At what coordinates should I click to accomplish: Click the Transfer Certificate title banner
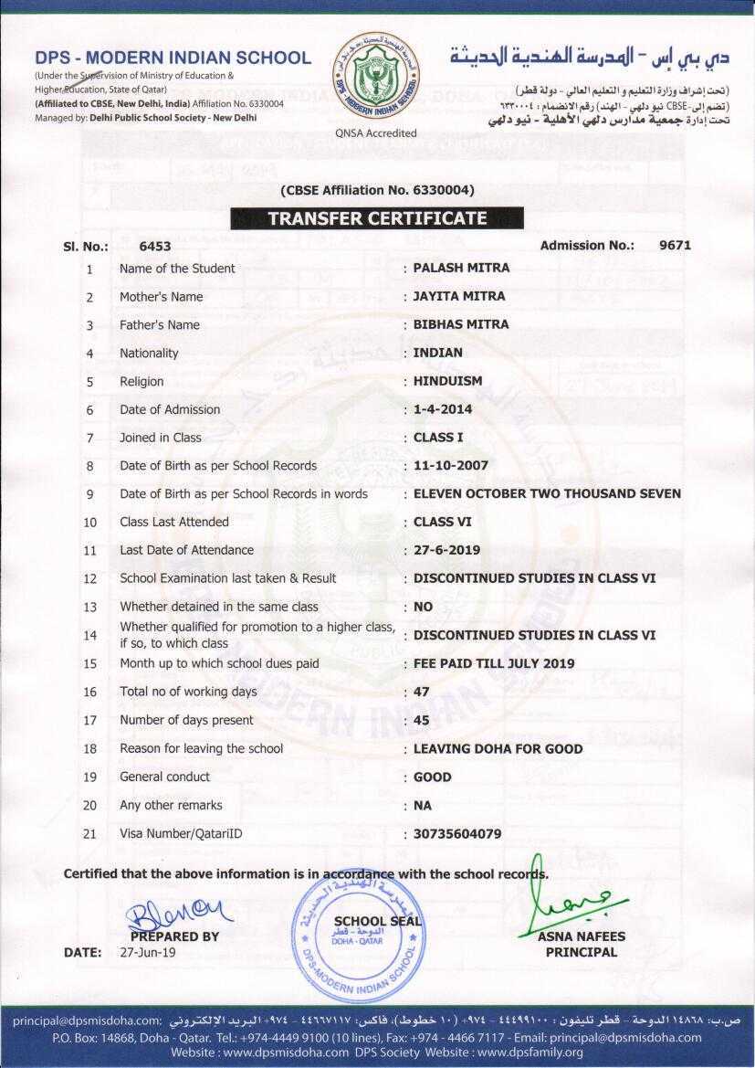coord(377,218)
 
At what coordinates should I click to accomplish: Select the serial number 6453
coord(155,246)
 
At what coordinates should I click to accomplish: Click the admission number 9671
coord(676,245)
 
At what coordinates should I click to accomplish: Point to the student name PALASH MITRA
coord(461,268)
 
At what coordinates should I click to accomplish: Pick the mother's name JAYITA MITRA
coord(459,296)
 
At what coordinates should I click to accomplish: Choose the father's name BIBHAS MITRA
coord(461,324)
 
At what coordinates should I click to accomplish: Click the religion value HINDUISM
coord(447,381)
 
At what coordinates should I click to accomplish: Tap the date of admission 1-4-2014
coord(443,409)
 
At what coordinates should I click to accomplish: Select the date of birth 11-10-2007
coord(451,465)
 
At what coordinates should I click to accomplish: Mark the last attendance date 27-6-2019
coord(446,550)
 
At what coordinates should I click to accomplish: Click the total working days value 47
coord(421,692)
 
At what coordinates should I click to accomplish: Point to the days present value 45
coord(421,720)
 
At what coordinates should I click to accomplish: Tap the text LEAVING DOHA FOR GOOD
coord(498,748)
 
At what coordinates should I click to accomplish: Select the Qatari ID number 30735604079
coord(457,833)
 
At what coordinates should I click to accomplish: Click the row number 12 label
coord(89,578)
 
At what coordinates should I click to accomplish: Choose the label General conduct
coord(164,777)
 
